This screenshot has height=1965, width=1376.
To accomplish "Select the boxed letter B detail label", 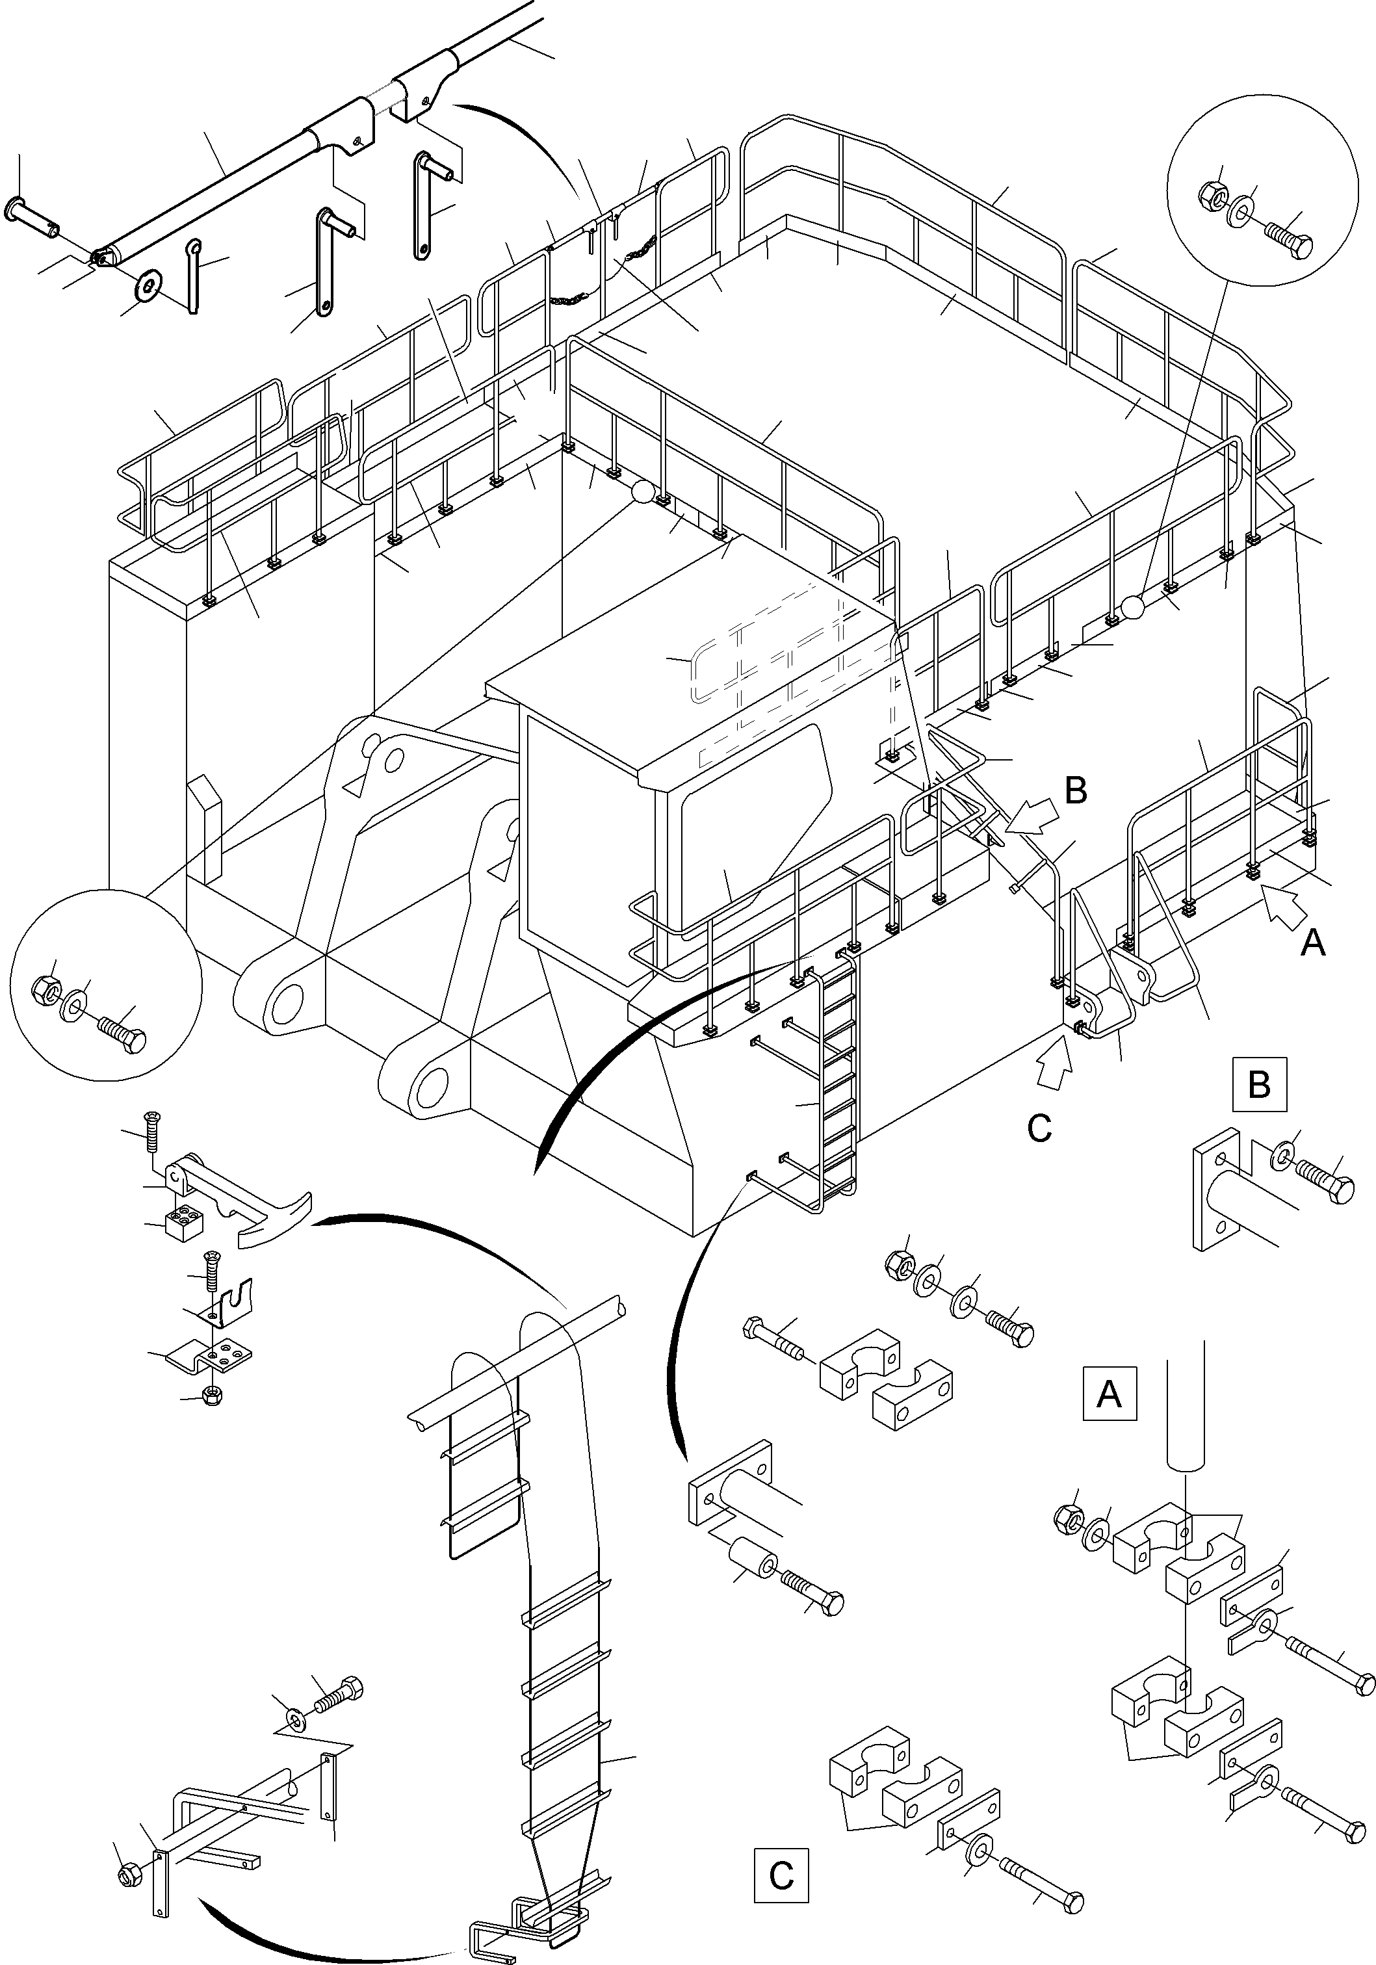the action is pos(1260,1084).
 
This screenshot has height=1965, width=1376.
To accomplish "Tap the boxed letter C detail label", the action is pos(781,1874).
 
